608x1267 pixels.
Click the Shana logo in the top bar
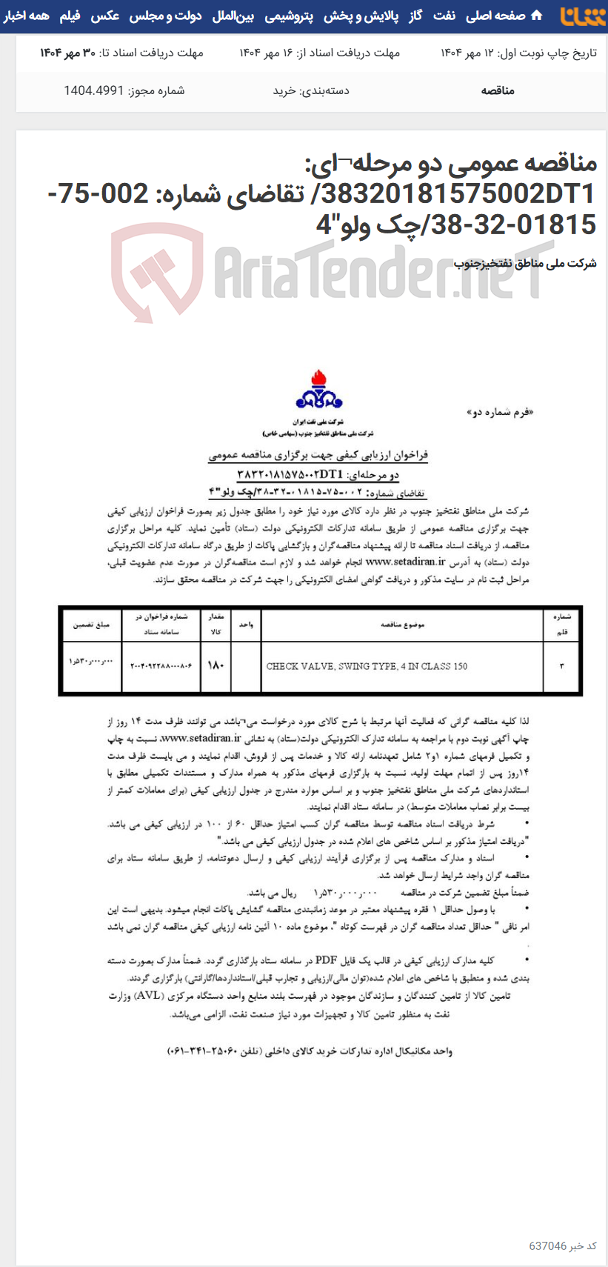[x=583, y=16]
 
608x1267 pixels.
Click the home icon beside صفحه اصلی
[x=537, y=16]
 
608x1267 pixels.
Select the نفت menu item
[x=444, y=16]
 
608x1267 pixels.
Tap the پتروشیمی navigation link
[x=289, y=16]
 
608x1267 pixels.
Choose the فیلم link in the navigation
[x=70, y=16]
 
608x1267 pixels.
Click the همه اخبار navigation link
[x=27, y=16]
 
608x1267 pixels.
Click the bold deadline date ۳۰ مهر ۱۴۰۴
[x=67, y=53]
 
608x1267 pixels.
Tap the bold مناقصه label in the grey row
[x=498, y=90]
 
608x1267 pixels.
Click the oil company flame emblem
[x=318, y=390]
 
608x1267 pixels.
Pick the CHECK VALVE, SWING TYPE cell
[x=367, y=666]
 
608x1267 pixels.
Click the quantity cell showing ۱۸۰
[x=216, y=665]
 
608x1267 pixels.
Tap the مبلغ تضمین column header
[x=91, y=625]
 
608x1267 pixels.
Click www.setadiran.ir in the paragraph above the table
[x=405, y=562]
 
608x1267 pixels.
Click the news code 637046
[x=548, y=1246]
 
